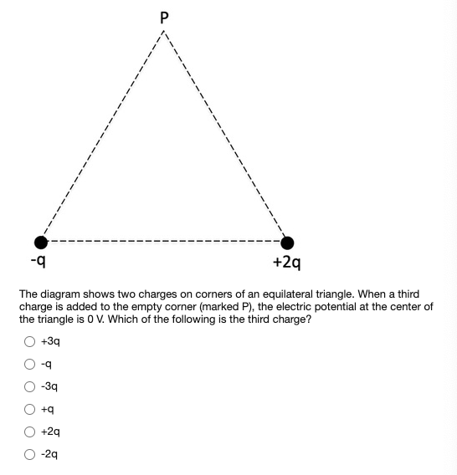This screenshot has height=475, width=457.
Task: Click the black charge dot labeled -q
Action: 39,243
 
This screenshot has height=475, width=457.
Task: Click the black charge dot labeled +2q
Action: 287,243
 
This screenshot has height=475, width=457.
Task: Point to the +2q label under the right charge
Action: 286,263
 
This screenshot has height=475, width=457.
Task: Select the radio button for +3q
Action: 29,341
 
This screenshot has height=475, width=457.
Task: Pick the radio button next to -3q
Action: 29,386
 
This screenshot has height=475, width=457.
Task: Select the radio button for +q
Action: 29,409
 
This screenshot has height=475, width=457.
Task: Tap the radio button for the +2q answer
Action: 29,432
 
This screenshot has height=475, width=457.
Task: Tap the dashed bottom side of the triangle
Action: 163,243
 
